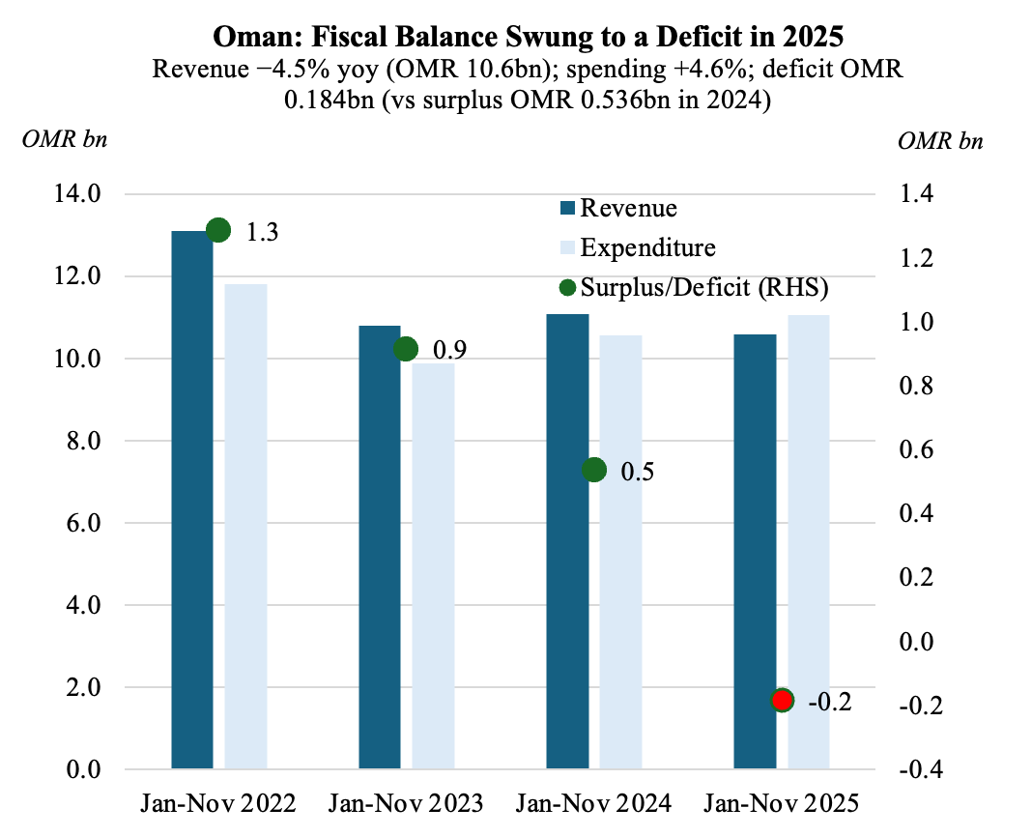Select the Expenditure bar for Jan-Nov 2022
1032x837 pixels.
point(245,527)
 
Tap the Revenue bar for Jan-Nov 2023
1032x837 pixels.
point(379,547)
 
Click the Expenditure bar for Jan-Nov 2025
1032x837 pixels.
point(808,542)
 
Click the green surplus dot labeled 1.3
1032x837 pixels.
point(218,230)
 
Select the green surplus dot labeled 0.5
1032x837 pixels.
point(594,470)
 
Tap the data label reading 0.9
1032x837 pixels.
point(449,350)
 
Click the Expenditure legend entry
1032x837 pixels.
point(647,247)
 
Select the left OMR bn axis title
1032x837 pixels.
point(64,139)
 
